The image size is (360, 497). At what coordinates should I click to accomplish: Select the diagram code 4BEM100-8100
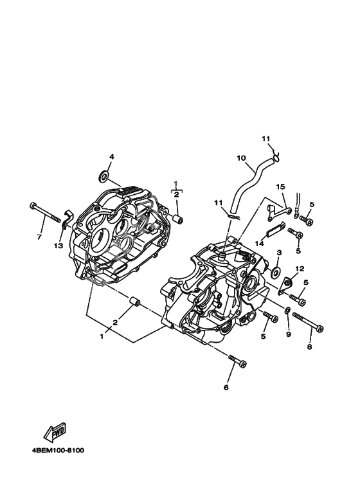point(59,450)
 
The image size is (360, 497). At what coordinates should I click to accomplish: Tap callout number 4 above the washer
point(112,157)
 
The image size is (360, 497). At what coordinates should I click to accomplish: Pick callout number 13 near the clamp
point(59,246)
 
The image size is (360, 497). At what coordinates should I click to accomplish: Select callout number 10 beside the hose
point(241,158)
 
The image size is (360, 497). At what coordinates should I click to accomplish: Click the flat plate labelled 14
point(275,230)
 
